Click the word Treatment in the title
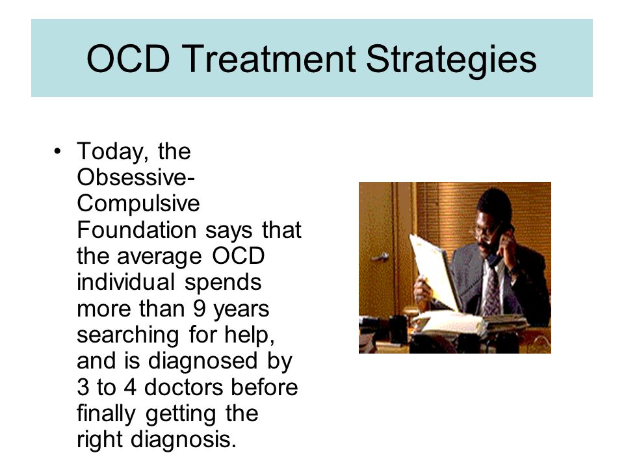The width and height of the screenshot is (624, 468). [x=270, y=59]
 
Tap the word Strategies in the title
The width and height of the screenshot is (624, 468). [x=451, y=60]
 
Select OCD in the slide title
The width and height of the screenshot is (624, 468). [x=128, y=59]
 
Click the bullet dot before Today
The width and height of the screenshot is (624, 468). [x=58, y=151]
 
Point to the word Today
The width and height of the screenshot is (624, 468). [x=113, y=151]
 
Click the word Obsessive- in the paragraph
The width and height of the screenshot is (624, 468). [x=136, y=177]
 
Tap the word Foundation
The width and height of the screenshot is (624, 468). [x=137, y=230]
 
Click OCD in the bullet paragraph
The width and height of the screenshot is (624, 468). [x=239, y=256]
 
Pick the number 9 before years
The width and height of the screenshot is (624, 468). [x=200, y=308]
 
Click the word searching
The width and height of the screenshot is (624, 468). [x=128, y=335]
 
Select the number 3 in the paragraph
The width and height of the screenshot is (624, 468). [x=83, y=387]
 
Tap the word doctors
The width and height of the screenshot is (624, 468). [x=183, y=387]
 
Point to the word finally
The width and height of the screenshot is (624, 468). [x=106, y=414]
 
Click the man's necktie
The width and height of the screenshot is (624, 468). [x=492, y=290]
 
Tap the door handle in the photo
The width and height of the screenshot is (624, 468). [x=380, y=257]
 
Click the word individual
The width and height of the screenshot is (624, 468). [x=126, y=282]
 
